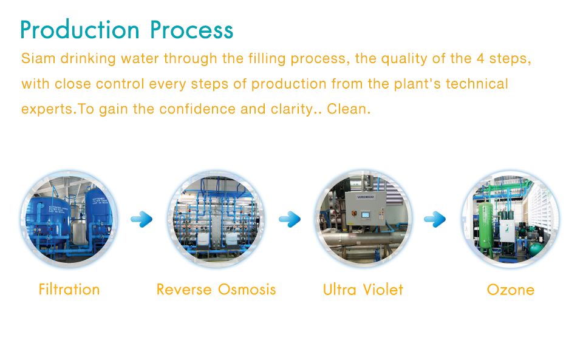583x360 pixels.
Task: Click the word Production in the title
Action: click(80, 30)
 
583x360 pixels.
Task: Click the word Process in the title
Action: click(191, 30)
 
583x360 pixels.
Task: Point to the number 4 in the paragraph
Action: click(480, 59)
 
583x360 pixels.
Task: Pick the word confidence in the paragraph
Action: click(197, 109)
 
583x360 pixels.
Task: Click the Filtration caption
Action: click(69, 290)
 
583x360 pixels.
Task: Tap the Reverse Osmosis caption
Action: click(216, 290)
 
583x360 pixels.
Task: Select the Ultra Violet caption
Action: click(363, 290)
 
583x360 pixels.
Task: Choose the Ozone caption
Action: click(511, 290)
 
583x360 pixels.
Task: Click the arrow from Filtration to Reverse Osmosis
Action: click(141, 219)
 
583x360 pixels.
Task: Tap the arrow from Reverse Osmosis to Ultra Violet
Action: click(290, 219)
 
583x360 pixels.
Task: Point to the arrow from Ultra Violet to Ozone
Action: click(435, 219)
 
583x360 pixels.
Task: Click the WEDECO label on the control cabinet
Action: click(366, 197)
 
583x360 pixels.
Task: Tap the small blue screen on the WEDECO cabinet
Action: click(366, 214)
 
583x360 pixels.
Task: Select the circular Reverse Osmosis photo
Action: click(216, 219)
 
